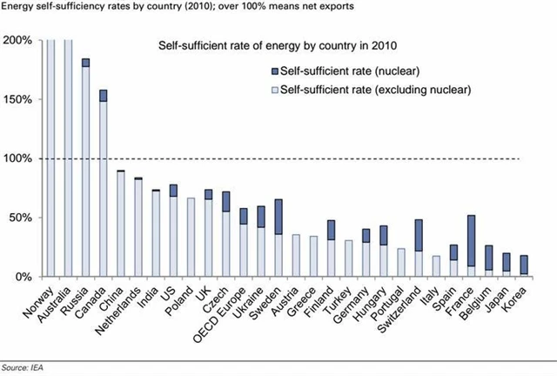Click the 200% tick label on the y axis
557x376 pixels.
(x=17, y=40)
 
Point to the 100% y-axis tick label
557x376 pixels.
(x=17, y=158)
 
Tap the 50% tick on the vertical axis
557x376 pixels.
(x=20, y=218)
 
